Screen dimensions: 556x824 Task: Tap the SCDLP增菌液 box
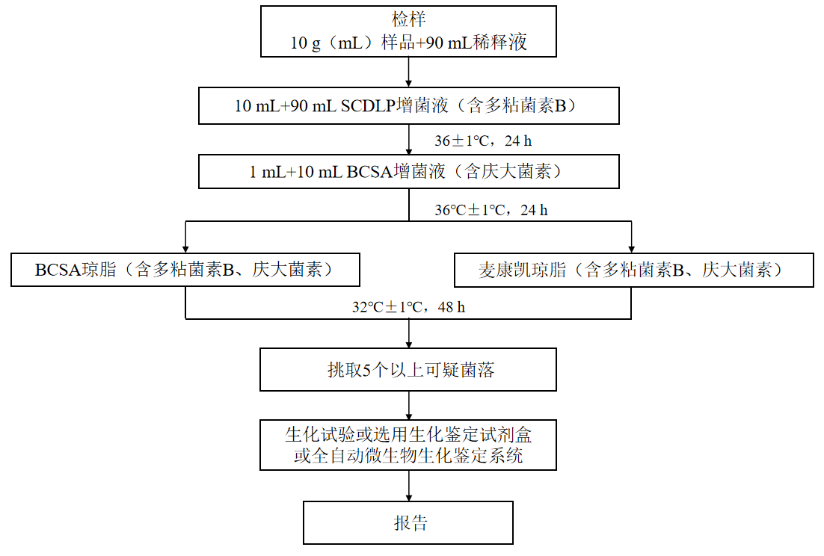click(409, 105)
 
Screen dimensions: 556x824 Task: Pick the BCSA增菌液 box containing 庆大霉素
click(409, 172)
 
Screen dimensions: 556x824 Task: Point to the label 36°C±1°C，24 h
click(491, 210)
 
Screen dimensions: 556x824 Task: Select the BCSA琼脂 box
click(185, 270)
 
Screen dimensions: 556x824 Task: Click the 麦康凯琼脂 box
click(633, 270)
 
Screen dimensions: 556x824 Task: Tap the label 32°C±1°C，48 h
click(409, 306)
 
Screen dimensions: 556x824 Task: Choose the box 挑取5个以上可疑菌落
click(408, 369)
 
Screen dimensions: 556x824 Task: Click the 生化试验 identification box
click(408, 445)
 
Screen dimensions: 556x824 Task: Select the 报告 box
click(408, 522)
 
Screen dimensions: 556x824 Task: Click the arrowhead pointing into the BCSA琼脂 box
click(185, 249)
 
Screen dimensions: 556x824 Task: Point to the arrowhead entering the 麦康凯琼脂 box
click(632, 249)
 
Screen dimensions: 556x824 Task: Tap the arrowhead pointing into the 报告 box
click(409, 496)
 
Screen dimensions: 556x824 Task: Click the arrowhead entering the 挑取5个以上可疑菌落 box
click(409, 343)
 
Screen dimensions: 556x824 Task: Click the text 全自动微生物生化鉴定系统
click(417, 456)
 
